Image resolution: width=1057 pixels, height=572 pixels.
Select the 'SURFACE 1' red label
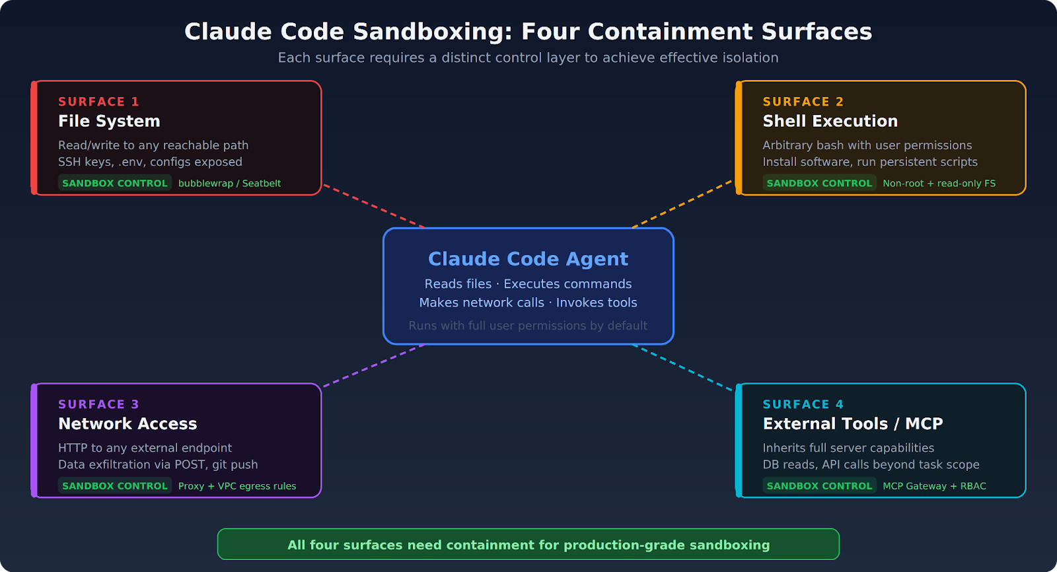[98, 102]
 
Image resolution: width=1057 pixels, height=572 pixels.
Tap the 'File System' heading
[109, 122]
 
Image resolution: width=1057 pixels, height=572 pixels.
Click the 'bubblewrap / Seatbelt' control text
[229, 184]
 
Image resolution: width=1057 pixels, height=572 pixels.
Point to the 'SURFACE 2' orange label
[803, 102]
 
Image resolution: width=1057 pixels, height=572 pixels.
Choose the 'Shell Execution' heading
[830, 122]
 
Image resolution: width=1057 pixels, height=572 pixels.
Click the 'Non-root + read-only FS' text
[939, 184]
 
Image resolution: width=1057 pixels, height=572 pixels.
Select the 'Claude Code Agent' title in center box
[528, 259]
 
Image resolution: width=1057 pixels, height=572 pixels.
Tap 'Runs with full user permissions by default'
[528, 326]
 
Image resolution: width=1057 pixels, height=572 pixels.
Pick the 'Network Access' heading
[128, 424]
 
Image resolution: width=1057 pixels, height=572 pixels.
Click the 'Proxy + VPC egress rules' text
[237, 486]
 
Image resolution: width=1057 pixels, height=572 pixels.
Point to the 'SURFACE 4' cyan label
[803, 404]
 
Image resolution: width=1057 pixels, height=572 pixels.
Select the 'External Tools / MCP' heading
[852, 424]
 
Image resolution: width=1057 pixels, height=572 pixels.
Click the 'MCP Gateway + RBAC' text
[934, 486]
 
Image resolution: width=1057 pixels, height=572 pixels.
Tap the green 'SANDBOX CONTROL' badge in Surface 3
[115, 486]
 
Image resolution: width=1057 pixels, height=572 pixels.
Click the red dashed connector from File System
[373, 206]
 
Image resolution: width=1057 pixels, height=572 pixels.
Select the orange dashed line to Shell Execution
[682, 204]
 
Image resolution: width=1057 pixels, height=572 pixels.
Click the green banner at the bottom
[528, 545]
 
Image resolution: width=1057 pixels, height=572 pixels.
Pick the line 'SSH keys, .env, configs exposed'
[150, 162]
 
